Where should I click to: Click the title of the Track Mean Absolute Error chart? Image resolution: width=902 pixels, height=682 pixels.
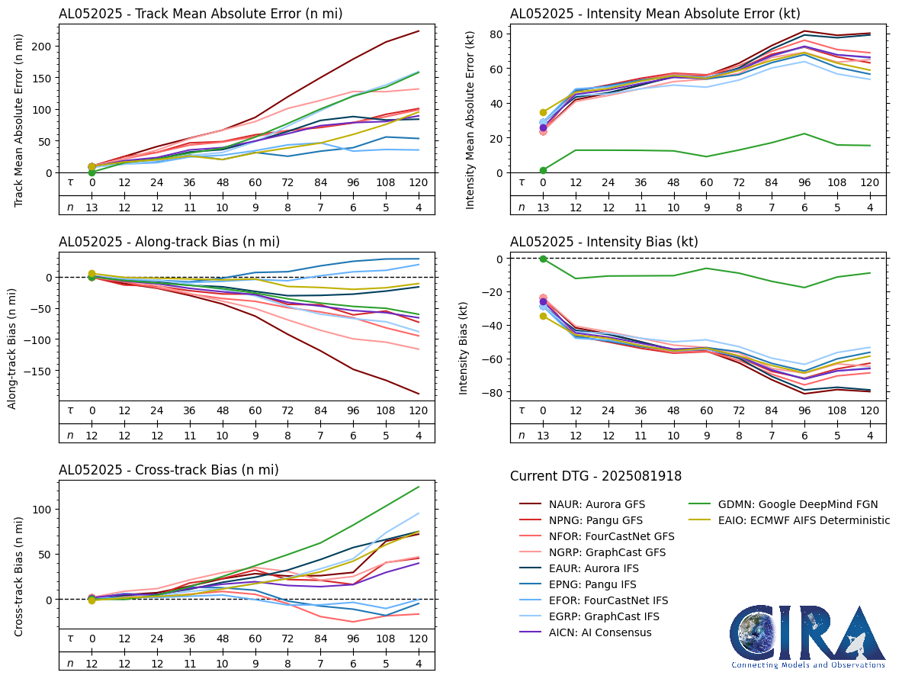click(x=201, y=14)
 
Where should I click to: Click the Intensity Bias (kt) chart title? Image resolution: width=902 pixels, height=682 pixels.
click(x=604, y=242)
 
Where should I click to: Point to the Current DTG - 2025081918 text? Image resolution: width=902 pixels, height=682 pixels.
click(x=595, y=476)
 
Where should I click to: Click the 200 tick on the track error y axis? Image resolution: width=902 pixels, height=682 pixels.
click(x=43, y=47)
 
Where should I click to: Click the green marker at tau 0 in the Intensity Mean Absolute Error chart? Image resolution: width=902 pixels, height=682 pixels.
click(x=543, y=170)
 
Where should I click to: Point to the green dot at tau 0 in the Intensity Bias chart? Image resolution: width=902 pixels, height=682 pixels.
click(x=543, y=259)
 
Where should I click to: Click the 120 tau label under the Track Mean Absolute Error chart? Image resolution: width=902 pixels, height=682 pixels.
click(x=418, y=183)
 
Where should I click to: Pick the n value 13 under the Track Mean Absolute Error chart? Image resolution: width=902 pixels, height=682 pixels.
click(x=91, y=207)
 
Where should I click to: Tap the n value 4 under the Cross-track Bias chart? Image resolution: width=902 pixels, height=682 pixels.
click(x=418, y=664)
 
